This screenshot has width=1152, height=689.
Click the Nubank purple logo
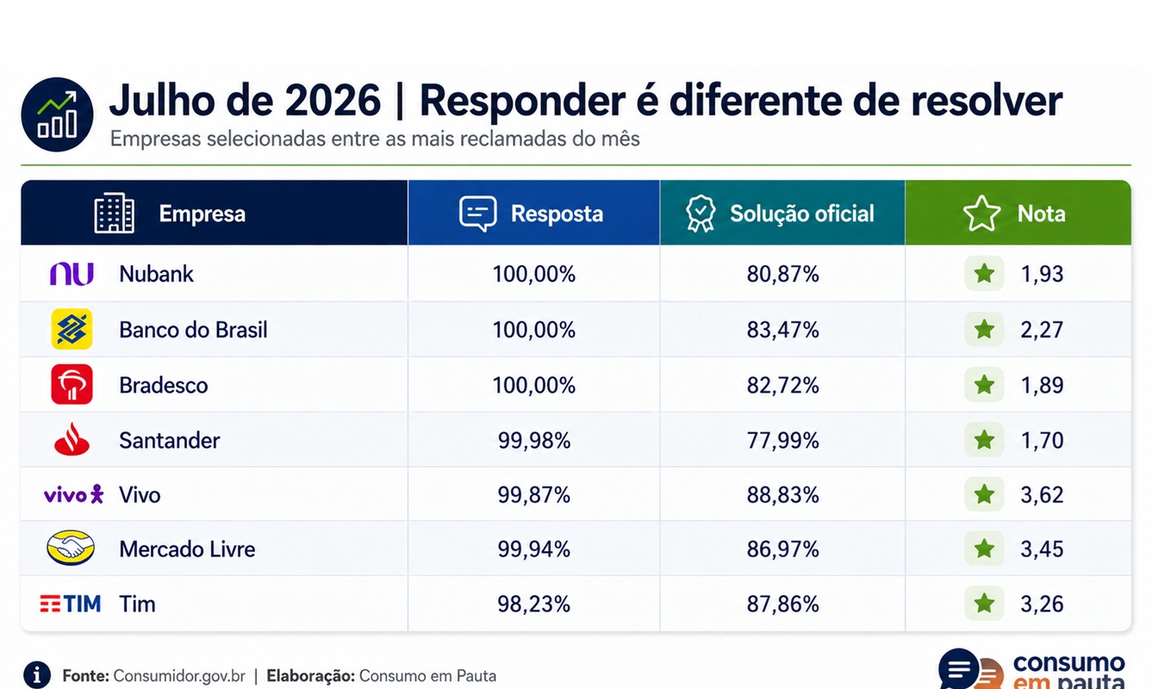(72, 274)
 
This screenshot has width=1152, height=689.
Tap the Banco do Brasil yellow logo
(72, 329)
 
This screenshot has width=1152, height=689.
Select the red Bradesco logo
(72, 385)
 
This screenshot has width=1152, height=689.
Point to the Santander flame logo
(72, 439)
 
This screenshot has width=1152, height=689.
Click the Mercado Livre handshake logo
(71, 548)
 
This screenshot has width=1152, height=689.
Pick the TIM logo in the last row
(71, 604)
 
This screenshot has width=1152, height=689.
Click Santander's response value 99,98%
(534, 441)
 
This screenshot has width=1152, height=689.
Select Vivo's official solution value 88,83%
(782, 495)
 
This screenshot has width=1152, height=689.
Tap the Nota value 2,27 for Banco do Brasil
(1042, 330)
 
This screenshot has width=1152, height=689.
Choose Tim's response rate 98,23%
(534, 604)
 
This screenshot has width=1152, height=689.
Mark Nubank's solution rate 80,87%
(782, 274)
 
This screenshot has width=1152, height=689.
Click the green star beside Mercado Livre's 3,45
(984, 549)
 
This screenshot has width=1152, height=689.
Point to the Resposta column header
(557, 214)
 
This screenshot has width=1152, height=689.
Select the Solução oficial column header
(802, 214)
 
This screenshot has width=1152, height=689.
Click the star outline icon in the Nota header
(981, 213)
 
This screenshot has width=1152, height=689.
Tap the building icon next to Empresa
(115, 213)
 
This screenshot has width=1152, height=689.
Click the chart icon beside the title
(57, 115)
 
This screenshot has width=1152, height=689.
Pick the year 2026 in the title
(333, 100)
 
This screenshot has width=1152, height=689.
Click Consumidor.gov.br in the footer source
(179, 675)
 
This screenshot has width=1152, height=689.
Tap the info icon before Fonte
(37, 674)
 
